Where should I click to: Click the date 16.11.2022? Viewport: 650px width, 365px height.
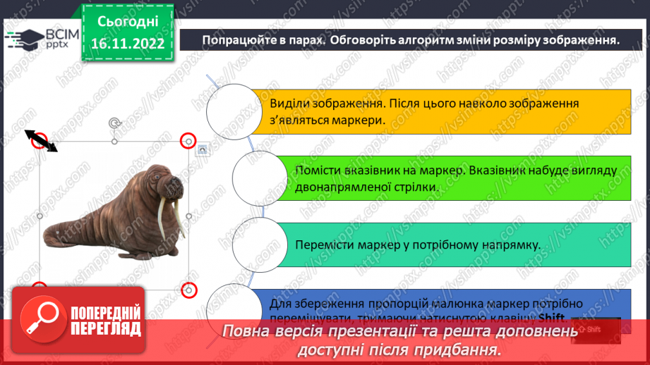(x=127, y=44)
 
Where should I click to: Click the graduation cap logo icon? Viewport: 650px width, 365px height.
(x=24, y=39)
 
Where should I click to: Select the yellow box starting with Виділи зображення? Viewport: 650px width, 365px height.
(x=438, y=111)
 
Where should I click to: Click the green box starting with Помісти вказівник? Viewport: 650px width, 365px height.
(x=452, y=179)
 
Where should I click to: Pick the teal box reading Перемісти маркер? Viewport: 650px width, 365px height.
(x=452, y=245)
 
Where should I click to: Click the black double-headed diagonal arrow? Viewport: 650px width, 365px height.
(x=41, y=140)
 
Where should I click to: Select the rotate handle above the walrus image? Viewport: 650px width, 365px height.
(x=114, y=123)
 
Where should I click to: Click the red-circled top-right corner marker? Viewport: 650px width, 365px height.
(x=188, y=141)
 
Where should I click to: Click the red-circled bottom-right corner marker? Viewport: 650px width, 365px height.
(x=188, y=290)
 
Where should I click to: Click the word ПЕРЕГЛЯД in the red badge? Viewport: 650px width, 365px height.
(x=106, y=328)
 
